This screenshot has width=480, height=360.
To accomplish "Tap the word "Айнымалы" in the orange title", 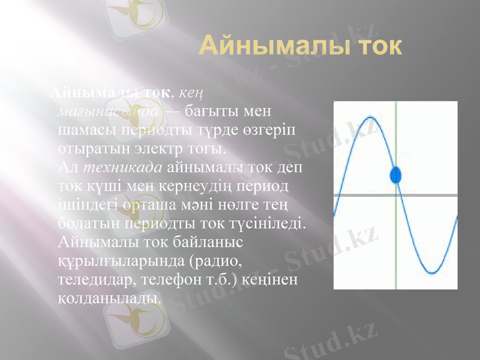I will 270,46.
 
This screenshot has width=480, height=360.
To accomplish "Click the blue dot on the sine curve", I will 395,175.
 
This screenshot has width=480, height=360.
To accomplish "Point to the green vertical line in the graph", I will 396,240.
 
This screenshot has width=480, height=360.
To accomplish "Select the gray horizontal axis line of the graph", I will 360,195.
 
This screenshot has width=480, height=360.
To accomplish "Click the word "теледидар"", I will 100,280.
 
